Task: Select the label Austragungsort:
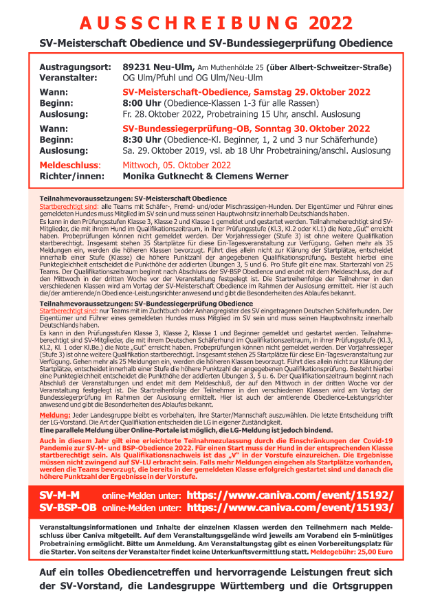[x=76, y=67]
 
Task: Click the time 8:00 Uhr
[x=146, y=103]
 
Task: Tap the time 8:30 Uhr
[x=146, y=139]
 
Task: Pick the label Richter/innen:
[x=71, y=177]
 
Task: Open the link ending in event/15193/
[x=290, y=508]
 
